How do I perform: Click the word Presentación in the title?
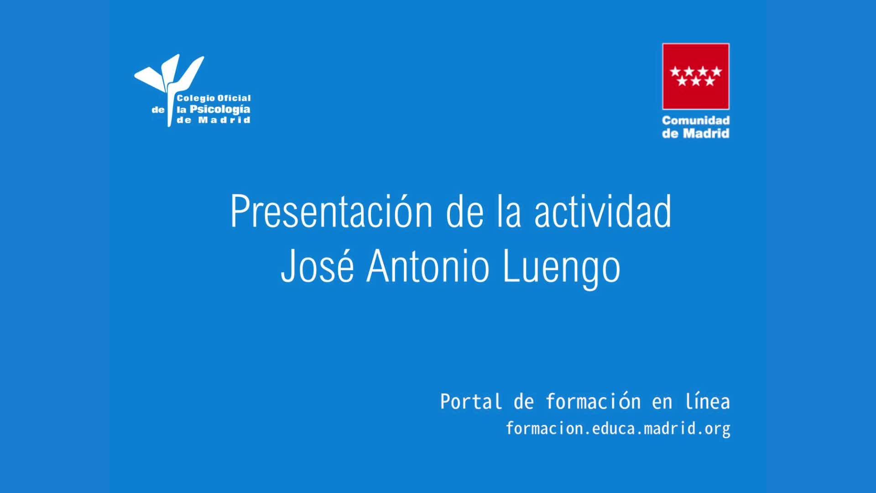click(332, 211)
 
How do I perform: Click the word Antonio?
click(428, 266)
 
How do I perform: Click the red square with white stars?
click(696, 76)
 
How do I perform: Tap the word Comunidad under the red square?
click(696, 121)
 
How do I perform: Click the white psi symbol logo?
click(169, 87)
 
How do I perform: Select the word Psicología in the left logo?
click(220, 110)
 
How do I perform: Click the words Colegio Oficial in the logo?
click(214, 98)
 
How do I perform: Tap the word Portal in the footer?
click(471, 402)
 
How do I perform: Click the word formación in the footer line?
click(593, 402)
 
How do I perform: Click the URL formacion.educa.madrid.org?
click(618, 429)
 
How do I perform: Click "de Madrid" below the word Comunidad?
click(696, 133)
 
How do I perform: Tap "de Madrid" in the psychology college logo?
click(214, 120)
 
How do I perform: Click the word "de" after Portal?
click(524, 402)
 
